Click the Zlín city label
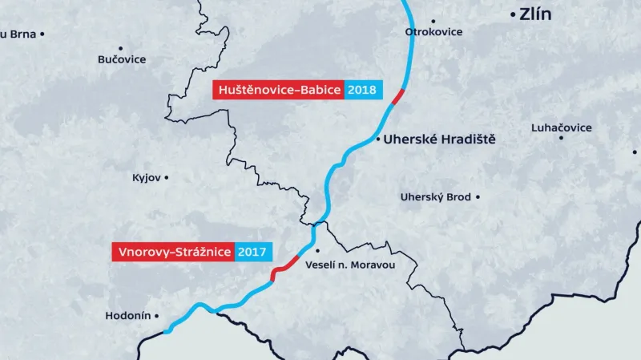pos(536,14)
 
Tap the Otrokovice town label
pos(433,32)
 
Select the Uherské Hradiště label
pos(440,140)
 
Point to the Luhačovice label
pos(561,127)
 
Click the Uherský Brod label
pos(436,196)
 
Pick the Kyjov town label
pos(147,176)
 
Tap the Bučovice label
pos(122,59)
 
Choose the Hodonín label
pos(127,316)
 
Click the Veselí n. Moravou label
pos(351,265)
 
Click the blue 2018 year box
pos(363,90)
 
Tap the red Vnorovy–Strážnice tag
pos(172,252)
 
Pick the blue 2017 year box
pos(252,252)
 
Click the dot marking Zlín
pos(513,15)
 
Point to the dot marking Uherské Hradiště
pos(377,140)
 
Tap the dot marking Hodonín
pos(157,316)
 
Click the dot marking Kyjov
pos(167,176)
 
